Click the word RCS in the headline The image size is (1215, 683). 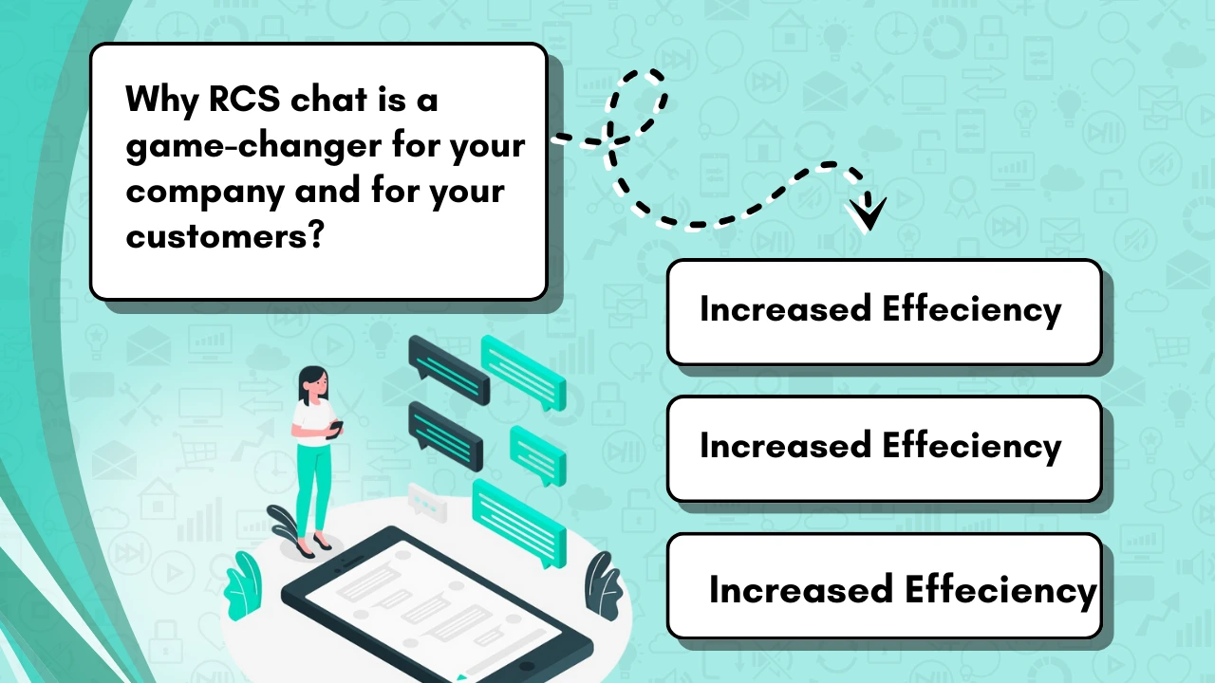[x=244, y=99]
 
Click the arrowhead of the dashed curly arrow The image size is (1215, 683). [x=868, y=212]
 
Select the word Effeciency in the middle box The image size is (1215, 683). [x=971, y=447]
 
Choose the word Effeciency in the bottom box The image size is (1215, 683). [x=1000, y=591]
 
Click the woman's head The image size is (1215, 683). [x=313, y=384]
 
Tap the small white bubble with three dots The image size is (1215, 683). [x=427, y=503]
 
